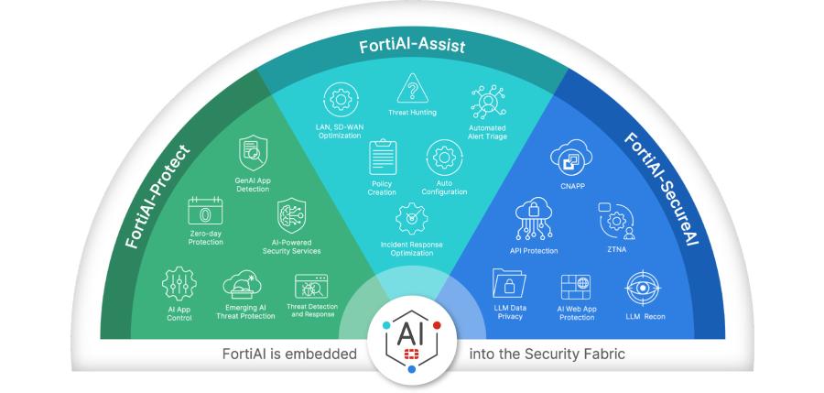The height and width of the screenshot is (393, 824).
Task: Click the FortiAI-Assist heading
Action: tap(412, 46)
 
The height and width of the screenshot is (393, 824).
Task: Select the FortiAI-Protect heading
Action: tap(158, 197)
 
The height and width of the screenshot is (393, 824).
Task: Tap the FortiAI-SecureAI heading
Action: tap(662, 190)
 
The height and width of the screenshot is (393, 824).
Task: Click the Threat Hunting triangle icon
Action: tap(413, 88)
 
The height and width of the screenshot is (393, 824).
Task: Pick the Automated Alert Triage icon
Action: tap(487, 102)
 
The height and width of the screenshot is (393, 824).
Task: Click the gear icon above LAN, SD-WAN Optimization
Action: tap(341, 100)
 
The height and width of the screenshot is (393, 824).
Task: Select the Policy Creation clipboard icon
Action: tap(383, 157)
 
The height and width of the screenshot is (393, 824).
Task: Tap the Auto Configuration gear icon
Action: tap(444, 158)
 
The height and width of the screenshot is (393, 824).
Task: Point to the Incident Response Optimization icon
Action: tap(411, 218)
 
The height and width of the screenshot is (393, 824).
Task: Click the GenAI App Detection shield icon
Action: tap(253, 153)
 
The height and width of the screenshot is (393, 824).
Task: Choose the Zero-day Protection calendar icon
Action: tap(205, 211)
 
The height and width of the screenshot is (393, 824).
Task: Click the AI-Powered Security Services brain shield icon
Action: tap(291, 215)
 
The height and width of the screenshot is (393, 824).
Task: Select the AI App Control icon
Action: tap(179, 284)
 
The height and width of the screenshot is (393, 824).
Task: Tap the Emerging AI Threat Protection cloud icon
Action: tap(243, 285)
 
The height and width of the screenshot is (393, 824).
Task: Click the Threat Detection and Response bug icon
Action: tap(311, 286)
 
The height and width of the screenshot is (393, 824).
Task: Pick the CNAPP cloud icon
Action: tap(571, 158)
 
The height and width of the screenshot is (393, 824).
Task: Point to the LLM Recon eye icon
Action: tap(643, 289)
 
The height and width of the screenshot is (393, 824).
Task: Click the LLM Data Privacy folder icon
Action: tap(509, 283)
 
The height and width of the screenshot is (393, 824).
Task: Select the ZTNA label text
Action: tap(617, 249)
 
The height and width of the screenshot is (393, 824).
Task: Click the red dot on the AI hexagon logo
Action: tap(437, 325)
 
